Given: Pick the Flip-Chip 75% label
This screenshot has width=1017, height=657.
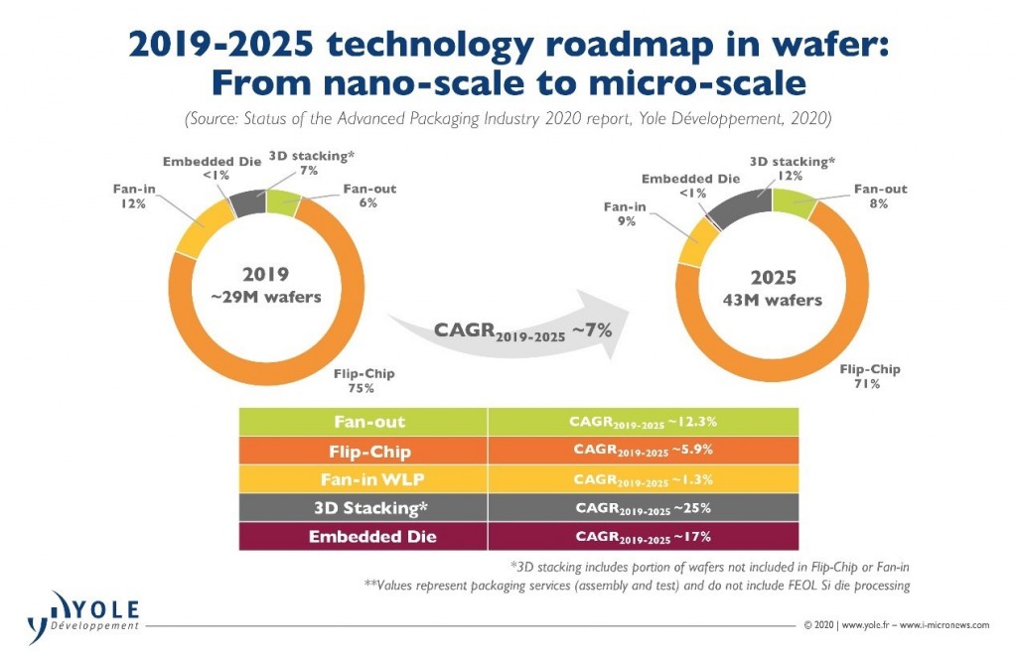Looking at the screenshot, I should click(x=363, y=380).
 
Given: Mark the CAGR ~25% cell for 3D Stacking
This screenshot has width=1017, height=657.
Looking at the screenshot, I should click(x=643, y=507).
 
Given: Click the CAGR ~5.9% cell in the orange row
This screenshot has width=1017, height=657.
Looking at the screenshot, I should click(x=643, y=450).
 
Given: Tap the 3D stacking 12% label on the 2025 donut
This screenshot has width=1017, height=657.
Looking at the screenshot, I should click(x=791, y=168).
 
